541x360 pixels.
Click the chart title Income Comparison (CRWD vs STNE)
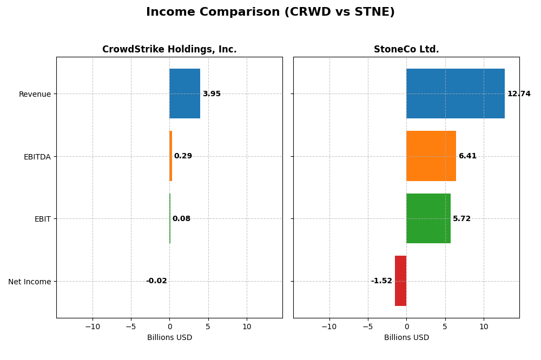tap(270, 12)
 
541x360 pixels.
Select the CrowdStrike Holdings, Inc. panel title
tap(169, 50)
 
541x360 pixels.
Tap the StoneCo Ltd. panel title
tap(406, 50)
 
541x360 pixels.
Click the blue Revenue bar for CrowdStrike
tap(184, 94)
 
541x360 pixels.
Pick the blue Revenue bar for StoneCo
tap(455, 94)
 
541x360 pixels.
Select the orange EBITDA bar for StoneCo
tap(431, 156)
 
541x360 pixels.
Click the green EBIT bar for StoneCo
tap(428, 218)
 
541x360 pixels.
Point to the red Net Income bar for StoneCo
tap(400, 281)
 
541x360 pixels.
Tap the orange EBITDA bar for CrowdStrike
tap(170, 156)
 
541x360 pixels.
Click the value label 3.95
tap(212, 94)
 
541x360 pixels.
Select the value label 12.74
tap(519, 94)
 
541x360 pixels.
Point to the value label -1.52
tap(381, 281)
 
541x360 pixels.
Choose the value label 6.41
tap(467, 156)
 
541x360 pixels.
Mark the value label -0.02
tap(156, 281)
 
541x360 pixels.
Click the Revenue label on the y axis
tap(35, 94)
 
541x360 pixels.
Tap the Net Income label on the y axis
tap(30, 282)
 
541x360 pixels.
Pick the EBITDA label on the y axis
tap(37, 157)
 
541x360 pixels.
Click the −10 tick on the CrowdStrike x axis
tap(93, 326)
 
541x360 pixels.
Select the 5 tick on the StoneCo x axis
tap(445, 326)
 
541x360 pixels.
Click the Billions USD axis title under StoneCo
tap(406, 338)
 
